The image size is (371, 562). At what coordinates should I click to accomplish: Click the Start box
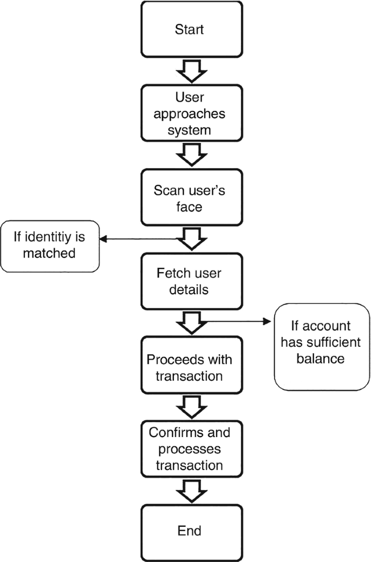click(x=189, y=29)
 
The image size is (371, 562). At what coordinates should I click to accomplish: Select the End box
click(x=189, y=531)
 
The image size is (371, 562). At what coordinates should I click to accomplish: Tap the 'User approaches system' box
click(x=189, y=114)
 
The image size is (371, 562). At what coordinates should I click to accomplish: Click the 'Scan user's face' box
click(x=189, y=198)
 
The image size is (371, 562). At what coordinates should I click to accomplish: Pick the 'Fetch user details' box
click(x=189, y=282)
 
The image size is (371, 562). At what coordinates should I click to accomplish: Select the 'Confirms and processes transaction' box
click(x=189, y=449)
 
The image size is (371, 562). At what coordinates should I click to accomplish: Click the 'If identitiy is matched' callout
click(x=50, y=246)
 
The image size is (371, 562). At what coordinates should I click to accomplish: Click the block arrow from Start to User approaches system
click(x=189, y=70)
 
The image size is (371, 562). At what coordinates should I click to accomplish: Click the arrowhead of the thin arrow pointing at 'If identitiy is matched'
click(x=103, y=238)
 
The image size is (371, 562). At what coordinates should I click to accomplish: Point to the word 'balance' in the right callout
click(x=324, y=359)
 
